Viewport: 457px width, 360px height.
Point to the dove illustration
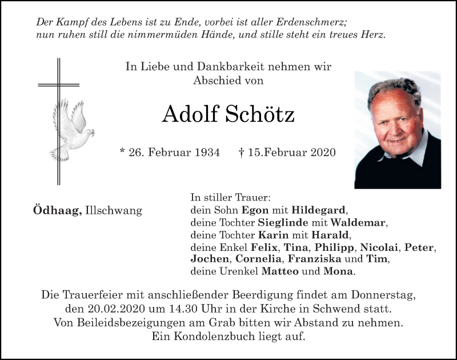71,129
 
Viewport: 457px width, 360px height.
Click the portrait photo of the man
398,130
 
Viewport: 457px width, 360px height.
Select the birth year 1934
206,153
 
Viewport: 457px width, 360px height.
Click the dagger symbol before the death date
242,152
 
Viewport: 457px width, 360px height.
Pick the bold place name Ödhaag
57,210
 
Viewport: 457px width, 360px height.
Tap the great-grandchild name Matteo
280,271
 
